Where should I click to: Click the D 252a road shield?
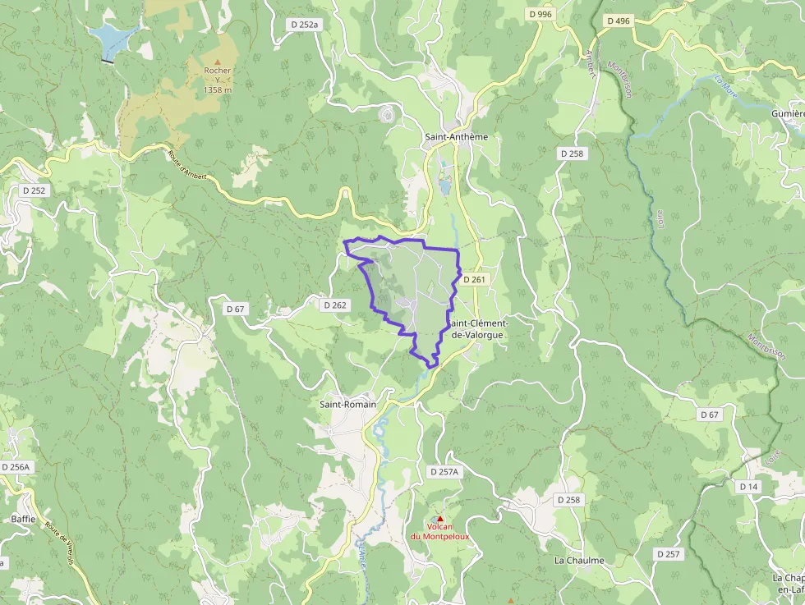click(x=304, y=25)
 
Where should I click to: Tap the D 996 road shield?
click(x=540, y=14)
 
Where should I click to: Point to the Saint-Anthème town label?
click(x=456, y=137)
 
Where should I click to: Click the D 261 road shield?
click(x=475, y=280)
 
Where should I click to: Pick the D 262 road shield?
click(x=335, y=305)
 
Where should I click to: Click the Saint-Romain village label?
click(x=347, y=404)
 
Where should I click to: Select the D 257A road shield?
click(x=444, y=471)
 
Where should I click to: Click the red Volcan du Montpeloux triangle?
click(x=439, y=518)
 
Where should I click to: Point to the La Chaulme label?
click(x=579, y=561)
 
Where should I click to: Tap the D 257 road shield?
click(x=669, y=554)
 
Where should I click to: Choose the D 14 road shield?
click(x=747, y=487)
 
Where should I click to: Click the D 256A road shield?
click(x=16, y=466)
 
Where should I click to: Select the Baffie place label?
click(x=23, y=519)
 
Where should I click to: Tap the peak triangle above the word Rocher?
click(x=218, y=61)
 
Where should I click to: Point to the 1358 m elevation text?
click(x=218, y=90)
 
